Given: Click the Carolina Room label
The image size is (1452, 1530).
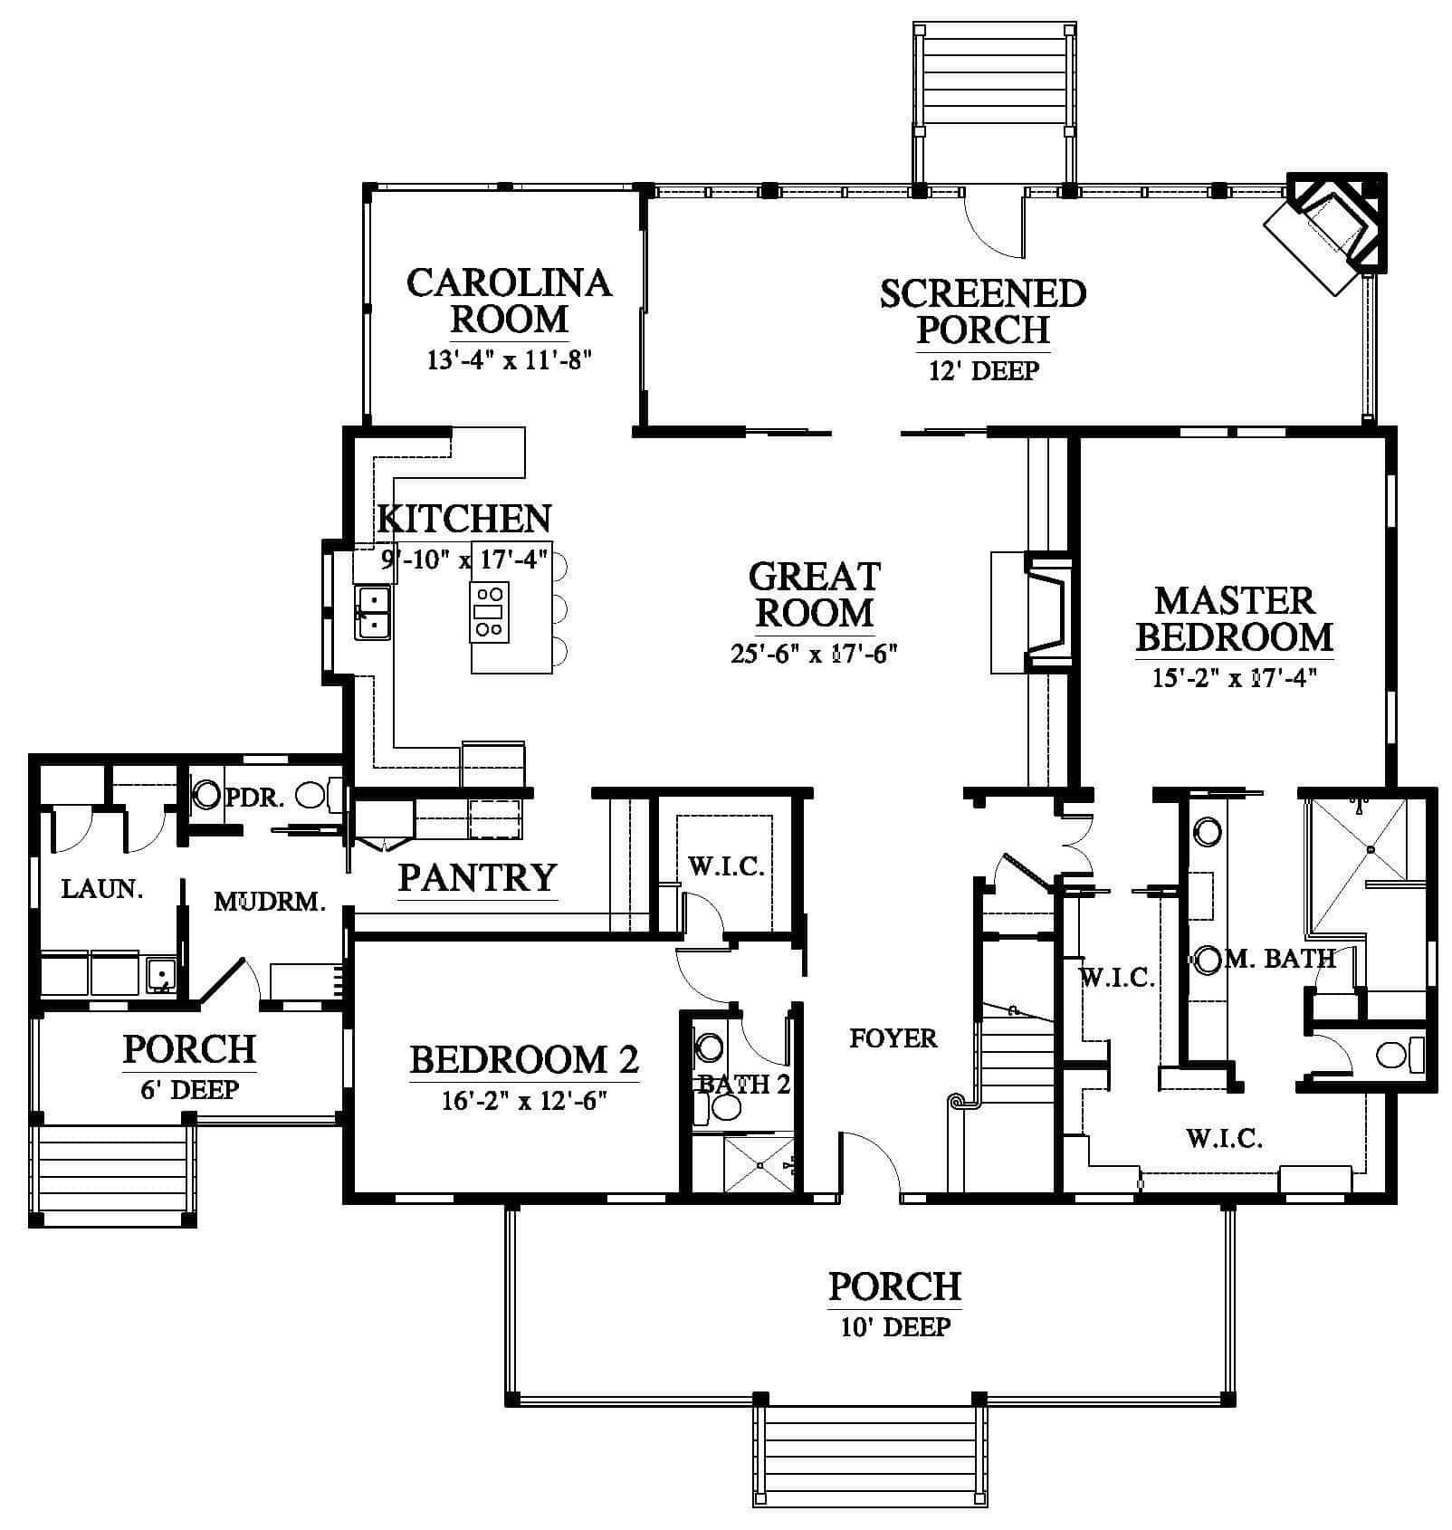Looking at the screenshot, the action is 510,301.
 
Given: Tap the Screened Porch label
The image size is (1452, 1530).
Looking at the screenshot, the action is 983,311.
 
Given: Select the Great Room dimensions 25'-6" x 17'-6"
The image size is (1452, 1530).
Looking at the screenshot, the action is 814,654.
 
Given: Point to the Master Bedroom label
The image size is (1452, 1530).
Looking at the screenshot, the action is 1235,619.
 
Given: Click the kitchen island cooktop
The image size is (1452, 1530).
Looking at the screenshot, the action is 489,612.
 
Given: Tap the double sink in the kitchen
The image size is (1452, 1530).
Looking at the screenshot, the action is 372,613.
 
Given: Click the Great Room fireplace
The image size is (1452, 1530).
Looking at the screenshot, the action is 1032,612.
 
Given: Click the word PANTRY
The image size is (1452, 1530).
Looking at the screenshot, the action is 477,877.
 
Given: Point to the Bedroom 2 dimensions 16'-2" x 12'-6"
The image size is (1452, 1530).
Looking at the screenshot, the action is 524,1101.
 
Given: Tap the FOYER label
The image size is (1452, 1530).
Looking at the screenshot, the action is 893,1038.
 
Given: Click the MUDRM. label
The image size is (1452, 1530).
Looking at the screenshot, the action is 270,902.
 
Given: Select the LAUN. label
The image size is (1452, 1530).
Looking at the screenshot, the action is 102,888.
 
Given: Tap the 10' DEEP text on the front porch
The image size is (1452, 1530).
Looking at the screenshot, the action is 894,1327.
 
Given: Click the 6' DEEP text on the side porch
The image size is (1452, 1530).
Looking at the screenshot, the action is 189,1089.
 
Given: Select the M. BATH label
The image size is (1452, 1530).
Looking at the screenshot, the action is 1279,958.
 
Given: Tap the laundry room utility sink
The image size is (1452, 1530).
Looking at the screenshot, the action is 161,975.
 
